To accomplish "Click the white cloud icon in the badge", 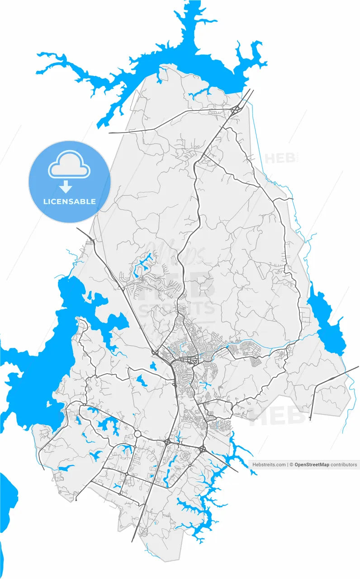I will click(70, 166).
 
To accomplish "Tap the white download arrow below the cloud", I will click(66, 186).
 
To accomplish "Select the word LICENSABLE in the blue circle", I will click(69, 201).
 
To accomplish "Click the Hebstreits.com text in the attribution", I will click(269, 465).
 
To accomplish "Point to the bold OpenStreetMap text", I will click(312, 465).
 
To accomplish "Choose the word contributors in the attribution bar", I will click(344, 465).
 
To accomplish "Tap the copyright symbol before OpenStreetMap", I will click(292, 465).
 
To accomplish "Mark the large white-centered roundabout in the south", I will click(137, 434).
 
